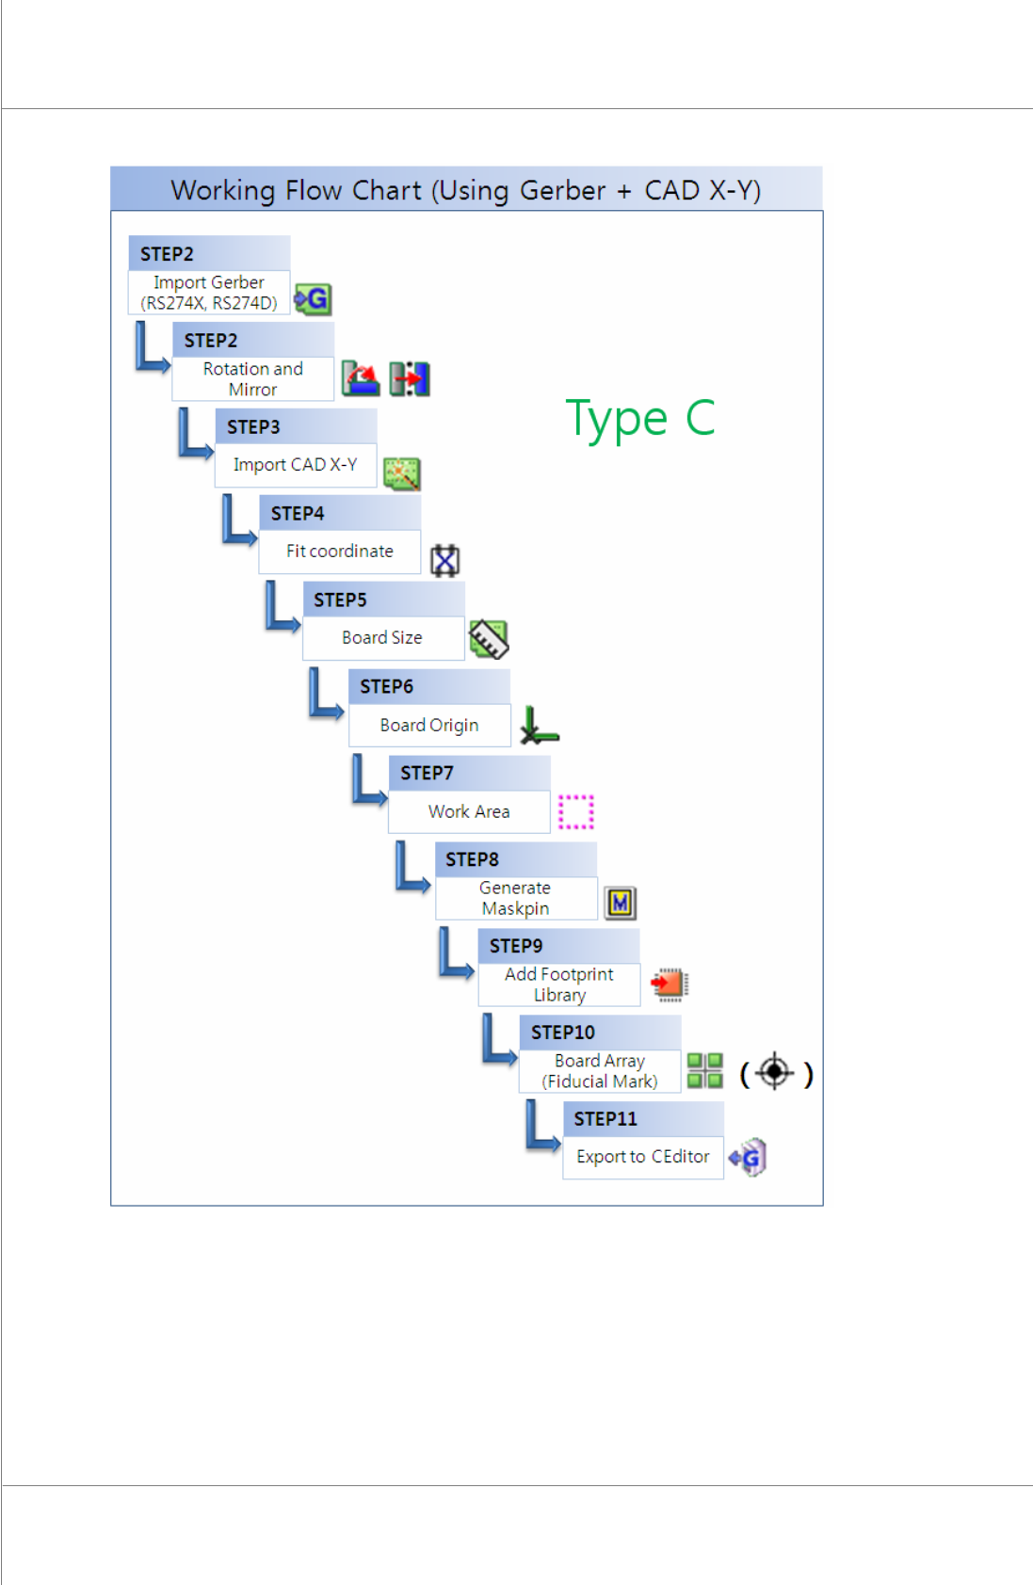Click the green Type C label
coord(640,419)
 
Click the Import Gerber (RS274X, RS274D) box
coord(209,293)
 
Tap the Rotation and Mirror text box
coord(252,379)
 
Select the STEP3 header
coord(296,426)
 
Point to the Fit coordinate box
coord(340,552)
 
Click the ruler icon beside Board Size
coord(489,639)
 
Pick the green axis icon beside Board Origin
coord(539,726)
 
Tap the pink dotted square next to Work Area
coord(576,811)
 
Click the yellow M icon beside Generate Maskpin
coord(620,904)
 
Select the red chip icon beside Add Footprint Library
coord(670,984)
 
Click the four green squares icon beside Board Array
coord(704,1070)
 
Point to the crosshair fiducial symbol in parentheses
coord(775,1072)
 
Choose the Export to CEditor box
coord(643,1157)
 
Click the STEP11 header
coord(643,1119)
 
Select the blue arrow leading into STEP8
coord(411,868)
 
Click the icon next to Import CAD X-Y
coord(402,473)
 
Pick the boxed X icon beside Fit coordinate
coord(444,560)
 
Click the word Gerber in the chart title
coord(562,191)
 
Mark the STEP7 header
coord(469,773)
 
